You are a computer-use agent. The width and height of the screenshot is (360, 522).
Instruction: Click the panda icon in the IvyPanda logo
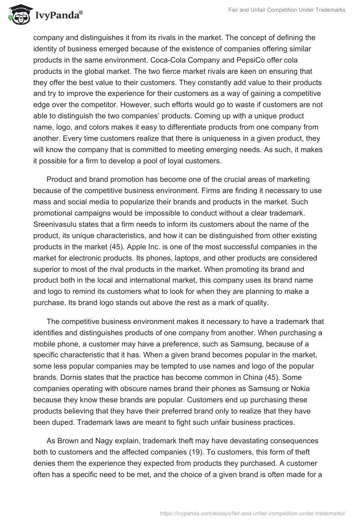click(x=17, y=15)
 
